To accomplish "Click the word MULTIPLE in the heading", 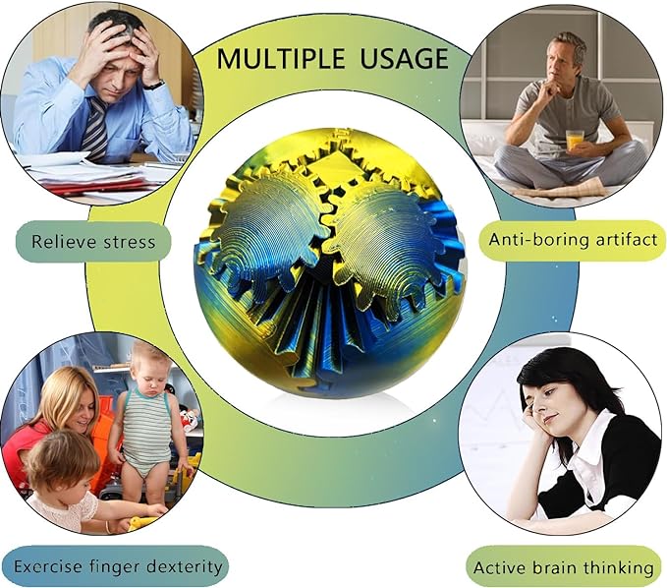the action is pos(280,58).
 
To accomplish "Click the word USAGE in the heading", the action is pos(405,58).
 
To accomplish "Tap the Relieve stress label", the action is pos(93,242).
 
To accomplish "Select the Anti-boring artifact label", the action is pos(573,240).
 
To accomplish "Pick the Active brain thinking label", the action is pos(564,567).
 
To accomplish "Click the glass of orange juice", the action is pos(575,140).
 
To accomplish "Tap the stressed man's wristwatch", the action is pos(154,86).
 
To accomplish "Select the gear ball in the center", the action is pos(329,263).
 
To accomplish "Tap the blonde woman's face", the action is pos(81,411).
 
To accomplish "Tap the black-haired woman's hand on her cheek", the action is pos(531,423).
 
